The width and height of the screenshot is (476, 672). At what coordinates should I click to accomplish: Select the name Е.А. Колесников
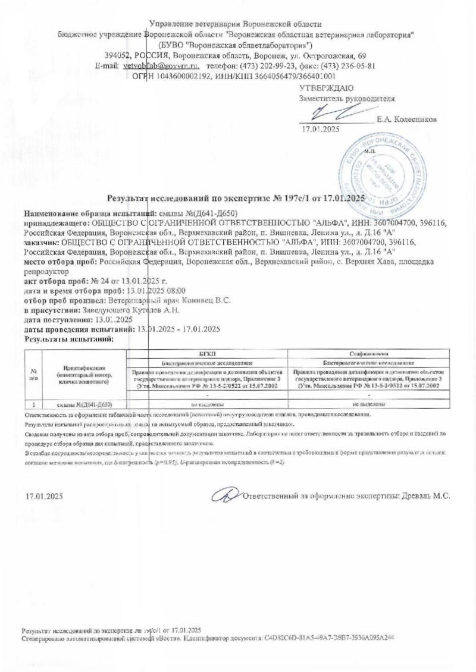click(x=406, y=119)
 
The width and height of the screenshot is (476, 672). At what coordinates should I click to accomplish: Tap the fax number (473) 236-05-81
click(x=351, y=65)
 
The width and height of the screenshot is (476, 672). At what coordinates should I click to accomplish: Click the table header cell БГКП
click(x=206, y=353)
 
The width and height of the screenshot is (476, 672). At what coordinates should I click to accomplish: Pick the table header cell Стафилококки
click(x=369, y=353)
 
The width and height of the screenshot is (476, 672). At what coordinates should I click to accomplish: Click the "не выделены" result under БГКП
click(x=206, y=404)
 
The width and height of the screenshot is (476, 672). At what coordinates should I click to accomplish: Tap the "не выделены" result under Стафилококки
click(x=369, y=404)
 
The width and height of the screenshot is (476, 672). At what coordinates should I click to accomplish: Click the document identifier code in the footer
click(x=330, y=637)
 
